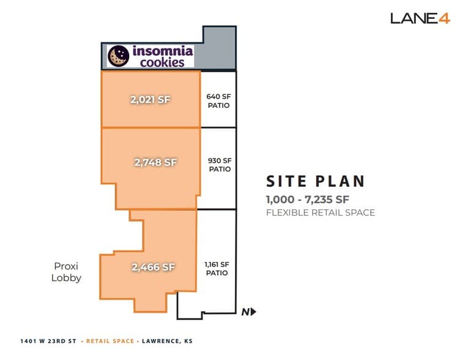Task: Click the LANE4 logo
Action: [x=420, y=18]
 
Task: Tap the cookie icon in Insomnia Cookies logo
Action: [x=117, y=56]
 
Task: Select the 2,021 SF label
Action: [x=149, y=100]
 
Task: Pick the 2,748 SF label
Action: [x=155, y=162]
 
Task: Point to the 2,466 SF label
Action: [x=153, y=267]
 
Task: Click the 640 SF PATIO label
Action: [x=218, y=100]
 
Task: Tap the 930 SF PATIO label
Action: [x=220, y=165]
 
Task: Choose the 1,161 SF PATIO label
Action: [x=216, y=269]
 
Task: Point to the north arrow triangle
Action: [x=253, y=312]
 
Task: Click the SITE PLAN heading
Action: [x=316, y=181]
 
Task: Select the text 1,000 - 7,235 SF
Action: [x=307, y=199]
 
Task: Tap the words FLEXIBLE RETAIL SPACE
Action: [x=321, y=213]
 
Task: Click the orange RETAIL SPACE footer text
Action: [x=110, y=341]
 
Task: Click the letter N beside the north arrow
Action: [x=245, y=312]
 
